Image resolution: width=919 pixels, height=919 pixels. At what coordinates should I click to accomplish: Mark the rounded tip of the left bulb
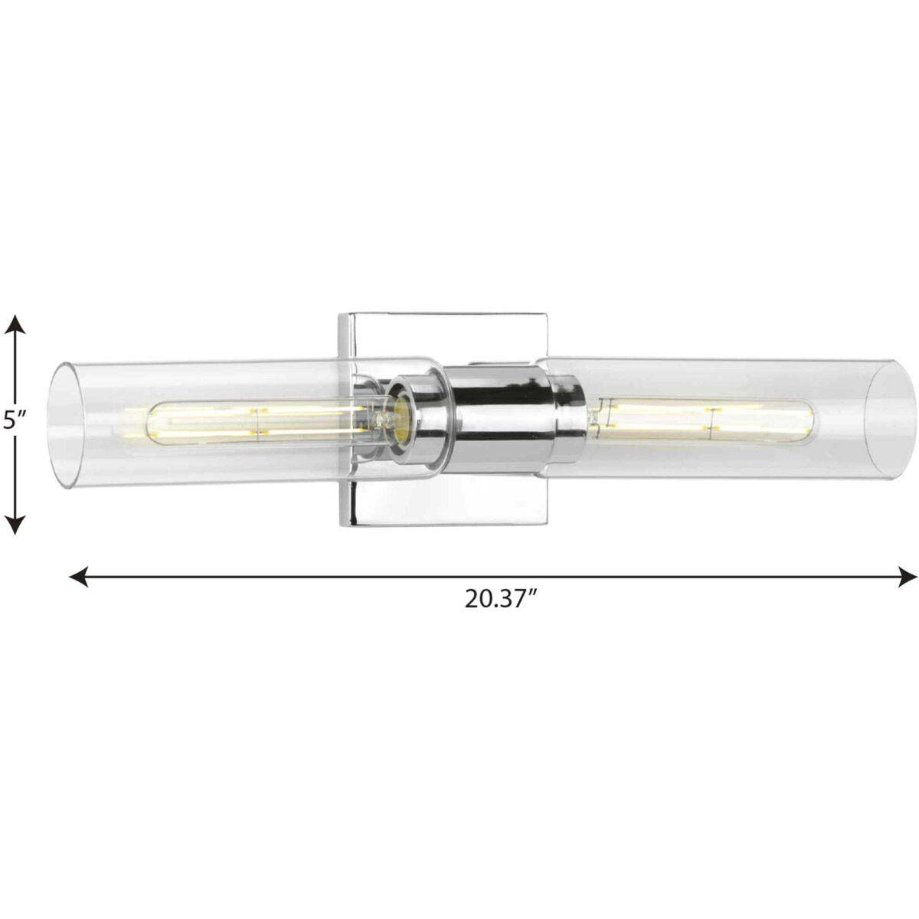coord(142,422)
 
